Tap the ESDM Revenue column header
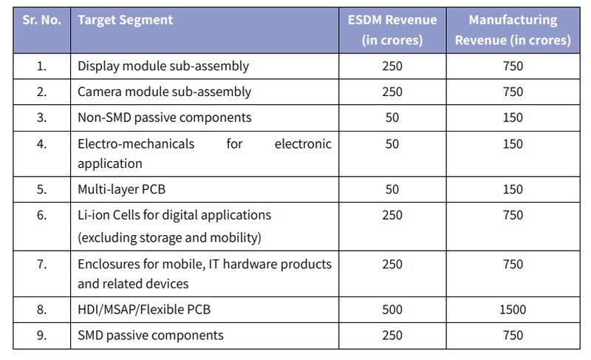[x=392, y=30]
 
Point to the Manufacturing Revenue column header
[x=512, y=30]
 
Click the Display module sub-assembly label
[x=163, y=66]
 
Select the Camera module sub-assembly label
[x=164, y=92]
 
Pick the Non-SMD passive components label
[x=165, y=118]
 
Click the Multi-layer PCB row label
[x=121, y=189]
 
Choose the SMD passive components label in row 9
[x=151, y=335]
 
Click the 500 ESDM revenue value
[x=392, y=309]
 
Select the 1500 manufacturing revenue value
[x=512, y=309]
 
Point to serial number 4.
[x=41, y=143]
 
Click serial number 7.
[x=41, y=264]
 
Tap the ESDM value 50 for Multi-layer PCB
[x=392, y=189]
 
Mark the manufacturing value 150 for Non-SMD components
[x=512, y=118]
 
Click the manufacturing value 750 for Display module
[x=512, y=66]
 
